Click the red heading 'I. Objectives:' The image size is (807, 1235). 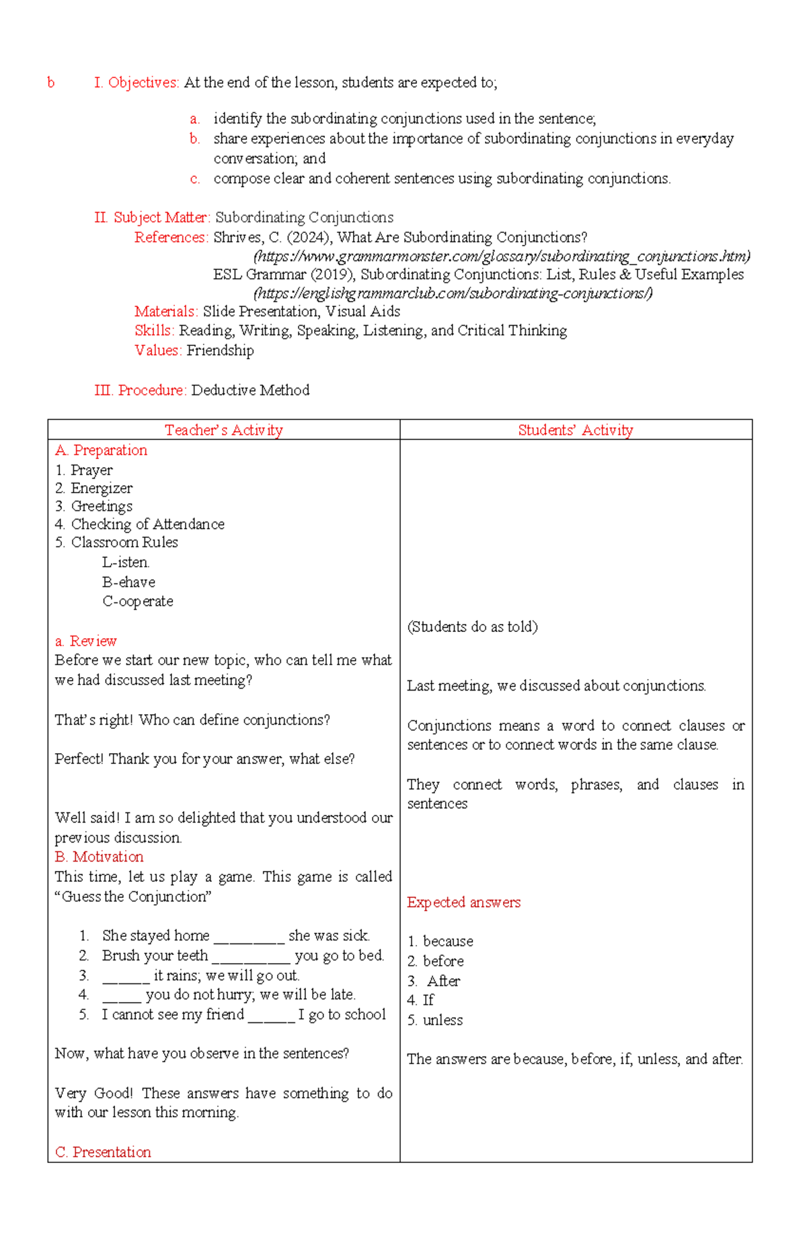(137, 83)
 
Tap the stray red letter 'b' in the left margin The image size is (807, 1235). (51, 83)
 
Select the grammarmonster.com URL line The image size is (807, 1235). (501, 256)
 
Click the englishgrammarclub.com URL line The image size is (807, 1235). (453, 293)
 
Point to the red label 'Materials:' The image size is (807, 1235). (166, 312)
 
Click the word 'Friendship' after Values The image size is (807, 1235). (220, 351)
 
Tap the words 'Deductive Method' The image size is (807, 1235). (250, 390)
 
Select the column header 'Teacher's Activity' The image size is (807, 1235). (223, 430)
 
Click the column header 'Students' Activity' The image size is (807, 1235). (575, 430)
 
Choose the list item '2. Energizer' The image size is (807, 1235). (94, 489)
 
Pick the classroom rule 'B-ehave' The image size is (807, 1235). (128, 582)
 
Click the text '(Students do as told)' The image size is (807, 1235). (472, 627)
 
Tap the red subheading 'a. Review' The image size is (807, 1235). (86, 641)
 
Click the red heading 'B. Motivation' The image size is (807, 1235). (100, 857)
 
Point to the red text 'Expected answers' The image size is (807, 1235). (463, 903)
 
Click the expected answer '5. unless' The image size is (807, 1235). (435, 1020)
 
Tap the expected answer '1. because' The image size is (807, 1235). (440, 942)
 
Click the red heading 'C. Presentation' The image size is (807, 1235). (103, 1152)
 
